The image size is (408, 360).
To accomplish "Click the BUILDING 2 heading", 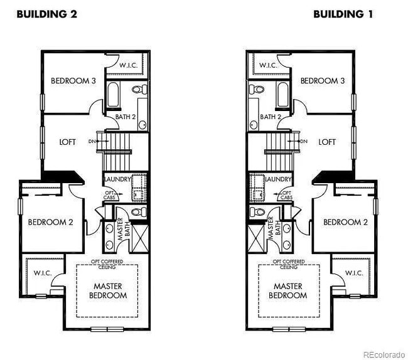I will (x=46, y=14).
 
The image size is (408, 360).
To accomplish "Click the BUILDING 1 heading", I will (x=343, y=14).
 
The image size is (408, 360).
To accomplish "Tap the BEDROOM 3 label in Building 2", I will (x=73, y=80).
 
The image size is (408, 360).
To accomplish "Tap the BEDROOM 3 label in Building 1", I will (x=323, y=80).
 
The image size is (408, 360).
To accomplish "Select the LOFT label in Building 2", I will (x=67, y=142).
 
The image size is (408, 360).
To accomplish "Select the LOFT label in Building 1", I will (x=327, y=142).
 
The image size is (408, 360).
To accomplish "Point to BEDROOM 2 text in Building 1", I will (x=345, y=221).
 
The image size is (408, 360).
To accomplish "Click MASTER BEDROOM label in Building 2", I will (x=107, y=290).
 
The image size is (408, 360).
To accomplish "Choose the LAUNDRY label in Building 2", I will (x=117, y=179).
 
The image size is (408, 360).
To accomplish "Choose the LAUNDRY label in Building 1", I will (x=279, y=179).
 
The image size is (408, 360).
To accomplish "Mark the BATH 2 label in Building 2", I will (x=125, y=117).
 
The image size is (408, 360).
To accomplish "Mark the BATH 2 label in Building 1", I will (x=271, y=117).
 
